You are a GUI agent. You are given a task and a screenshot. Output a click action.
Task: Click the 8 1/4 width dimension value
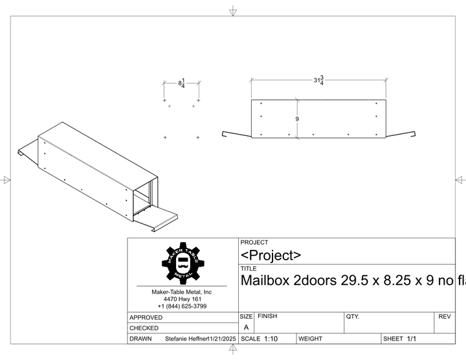(182, 84)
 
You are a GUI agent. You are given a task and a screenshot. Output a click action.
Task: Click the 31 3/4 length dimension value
(318, 80)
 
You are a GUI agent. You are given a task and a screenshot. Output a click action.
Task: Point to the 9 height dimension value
(297, 119)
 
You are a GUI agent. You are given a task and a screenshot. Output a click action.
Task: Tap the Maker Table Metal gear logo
(183, 263)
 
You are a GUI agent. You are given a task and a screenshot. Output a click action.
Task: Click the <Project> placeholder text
(271, 255)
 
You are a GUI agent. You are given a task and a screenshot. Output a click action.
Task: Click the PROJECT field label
(254, 242)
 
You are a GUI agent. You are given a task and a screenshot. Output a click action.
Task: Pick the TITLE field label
(249, 268)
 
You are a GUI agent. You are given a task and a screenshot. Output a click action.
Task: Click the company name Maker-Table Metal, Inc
(181, 292)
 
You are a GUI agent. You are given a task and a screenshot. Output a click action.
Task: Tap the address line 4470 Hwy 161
(182, 299)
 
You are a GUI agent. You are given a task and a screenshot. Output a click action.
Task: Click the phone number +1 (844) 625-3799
(182, 306)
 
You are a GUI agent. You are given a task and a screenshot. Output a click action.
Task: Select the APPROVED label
(146, 317)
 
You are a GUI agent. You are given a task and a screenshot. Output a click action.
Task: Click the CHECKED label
(144, 328)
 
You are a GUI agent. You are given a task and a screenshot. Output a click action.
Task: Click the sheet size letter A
(246, 328)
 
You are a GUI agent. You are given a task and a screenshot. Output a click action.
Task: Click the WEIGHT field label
(311, 339)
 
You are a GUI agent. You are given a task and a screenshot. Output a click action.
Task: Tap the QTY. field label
(353, 317)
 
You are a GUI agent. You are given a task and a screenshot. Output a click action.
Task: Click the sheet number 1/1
(412, 339)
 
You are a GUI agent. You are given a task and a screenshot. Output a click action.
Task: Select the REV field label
(444, 317)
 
